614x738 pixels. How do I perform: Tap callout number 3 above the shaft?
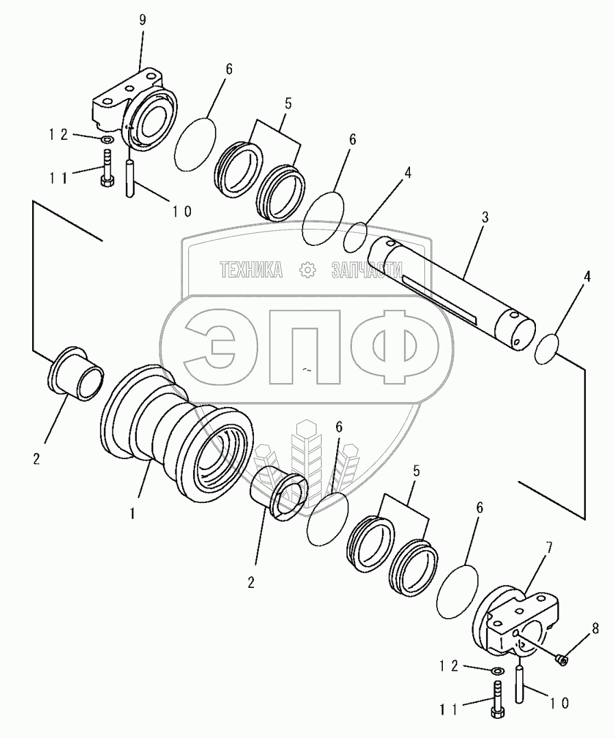[x=485, y=217]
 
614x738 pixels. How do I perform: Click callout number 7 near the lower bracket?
[x=549, y=548]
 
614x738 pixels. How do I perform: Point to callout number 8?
[x=596, y=629]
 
